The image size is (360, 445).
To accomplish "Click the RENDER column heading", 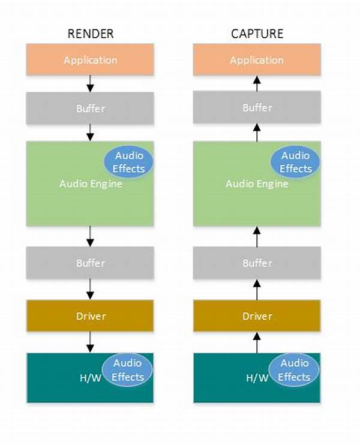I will (x=89, y=34).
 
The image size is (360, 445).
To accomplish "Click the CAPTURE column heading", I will (x=256, y=34).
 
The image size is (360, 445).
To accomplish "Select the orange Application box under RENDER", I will (x=90, y=60).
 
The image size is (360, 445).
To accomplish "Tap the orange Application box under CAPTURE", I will (x=257, y=60).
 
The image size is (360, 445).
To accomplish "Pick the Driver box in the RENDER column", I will (x=90, y=315).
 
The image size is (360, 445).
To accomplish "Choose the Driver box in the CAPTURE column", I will (x=257, y=315).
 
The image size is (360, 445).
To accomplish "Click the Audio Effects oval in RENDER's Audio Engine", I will (x=129, y=162).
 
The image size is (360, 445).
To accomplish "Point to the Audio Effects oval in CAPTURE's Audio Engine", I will (x=295, y=162).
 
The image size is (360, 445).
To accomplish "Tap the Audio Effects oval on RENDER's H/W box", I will (x=128, y=370).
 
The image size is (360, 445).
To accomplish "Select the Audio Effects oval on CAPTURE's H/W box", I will (x=294, y=370).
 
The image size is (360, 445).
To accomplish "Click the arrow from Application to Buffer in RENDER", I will (x=90, y=83).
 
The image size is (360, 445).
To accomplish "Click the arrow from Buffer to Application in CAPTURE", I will (x=257, y=83).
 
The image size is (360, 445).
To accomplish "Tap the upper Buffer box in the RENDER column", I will (x=90, y=109).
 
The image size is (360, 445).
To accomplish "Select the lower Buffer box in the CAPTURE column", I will (x=257, y=263).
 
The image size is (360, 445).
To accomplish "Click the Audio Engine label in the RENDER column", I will (x=91, y=184).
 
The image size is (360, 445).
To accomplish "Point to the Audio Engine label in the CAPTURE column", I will (x=257, y=184).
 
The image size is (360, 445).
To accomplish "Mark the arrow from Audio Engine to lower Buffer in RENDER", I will (x=90, y=236).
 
